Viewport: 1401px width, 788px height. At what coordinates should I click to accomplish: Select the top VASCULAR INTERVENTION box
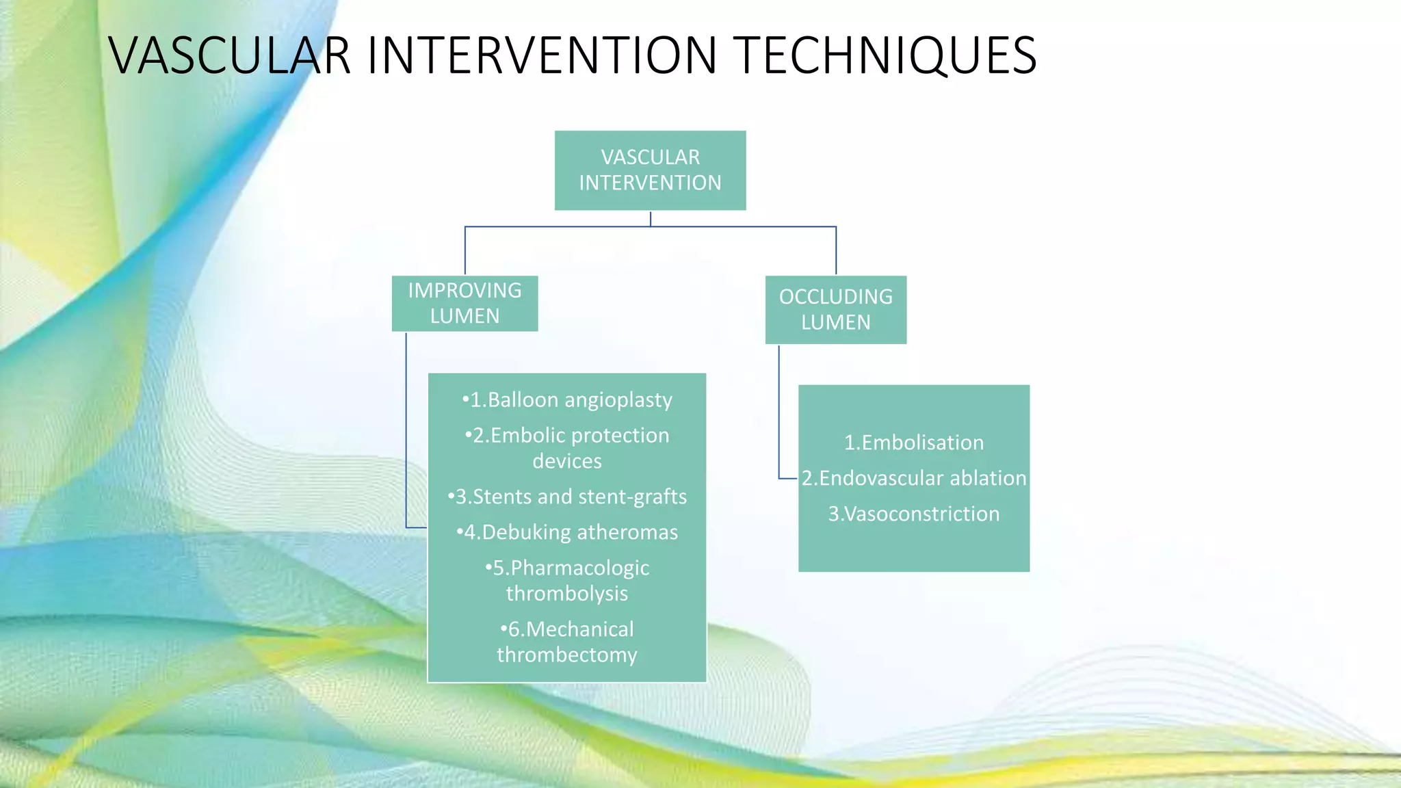(650, 170)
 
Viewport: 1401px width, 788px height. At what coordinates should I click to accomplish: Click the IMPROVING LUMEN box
(464, 303)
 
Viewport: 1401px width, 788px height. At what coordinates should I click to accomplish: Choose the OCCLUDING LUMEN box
(835, 309)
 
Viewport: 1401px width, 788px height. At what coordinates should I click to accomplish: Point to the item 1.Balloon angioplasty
(567, 399)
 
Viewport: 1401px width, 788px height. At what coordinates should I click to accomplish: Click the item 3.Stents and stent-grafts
(567, 497)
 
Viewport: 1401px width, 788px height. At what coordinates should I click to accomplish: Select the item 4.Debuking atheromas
(567, 532)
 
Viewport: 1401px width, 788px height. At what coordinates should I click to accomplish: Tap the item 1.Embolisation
(914, 443)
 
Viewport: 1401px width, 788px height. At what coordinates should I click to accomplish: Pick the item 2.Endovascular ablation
(914, 478)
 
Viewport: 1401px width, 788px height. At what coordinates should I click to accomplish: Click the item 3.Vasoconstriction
(914, 514)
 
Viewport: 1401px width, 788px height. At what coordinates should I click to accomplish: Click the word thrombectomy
(567, 655)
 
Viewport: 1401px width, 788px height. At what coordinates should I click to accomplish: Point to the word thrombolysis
(567, 593)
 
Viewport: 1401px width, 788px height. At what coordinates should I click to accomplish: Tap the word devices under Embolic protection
(567, 461)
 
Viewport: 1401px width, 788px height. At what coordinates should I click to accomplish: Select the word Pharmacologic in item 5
(579, 568)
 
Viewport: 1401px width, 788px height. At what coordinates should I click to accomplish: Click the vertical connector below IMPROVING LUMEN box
(406, 431)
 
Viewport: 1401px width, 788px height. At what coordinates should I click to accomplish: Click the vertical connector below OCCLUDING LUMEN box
(779, 410)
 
